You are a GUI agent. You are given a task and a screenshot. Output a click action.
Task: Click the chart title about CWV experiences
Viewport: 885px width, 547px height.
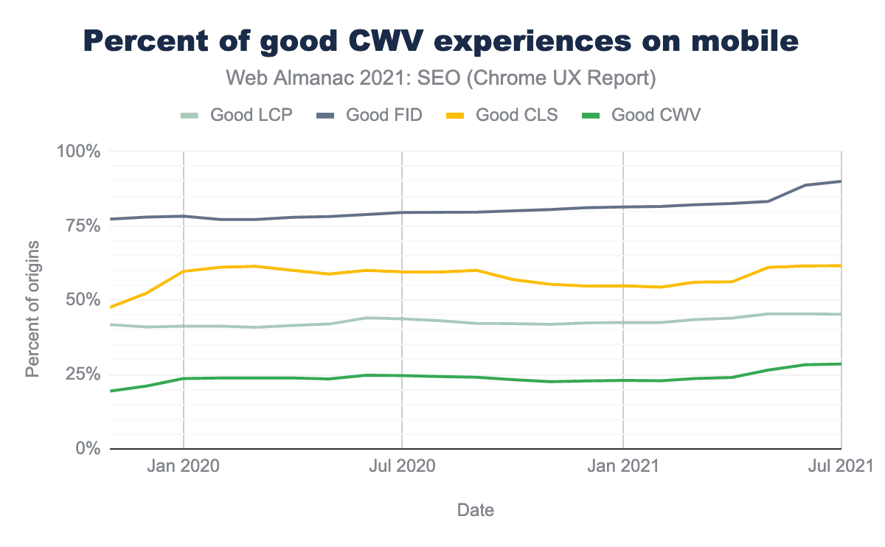[x=442, y=41]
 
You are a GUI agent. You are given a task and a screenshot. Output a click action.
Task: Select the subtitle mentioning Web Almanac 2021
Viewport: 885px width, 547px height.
[x=441, y=78]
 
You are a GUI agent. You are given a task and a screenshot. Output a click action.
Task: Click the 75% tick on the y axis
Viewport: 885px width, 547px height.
[x=82, y=226]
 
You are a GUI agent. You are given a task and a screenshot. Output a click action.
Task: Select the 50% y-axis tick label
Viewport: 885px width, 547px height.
[x=82, y=299]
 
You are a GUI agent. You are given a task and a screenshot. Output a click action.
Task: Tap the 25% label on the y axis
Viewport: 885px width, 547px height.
[x=82, y=374]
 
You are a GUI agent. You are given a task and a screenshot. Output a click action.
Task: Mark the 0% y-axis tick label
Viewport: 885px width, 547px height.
[x=86, y=448]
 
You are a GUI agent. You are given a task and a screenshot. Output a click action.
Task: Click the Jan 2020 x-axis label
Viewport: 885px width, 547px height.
[x=184, y=467]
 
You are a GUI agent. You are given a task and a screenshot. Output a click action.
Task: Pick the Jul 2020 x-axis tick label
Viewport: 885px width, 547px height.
[x=402, y=467]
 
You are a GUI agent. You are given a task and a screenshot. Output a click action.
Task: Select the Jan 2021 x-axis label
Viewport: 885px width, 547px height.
[x=624, y=467]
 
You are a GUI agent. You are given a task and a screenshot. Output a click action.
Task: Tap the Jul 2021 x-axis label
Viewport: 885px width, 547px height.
[x=841, y=467]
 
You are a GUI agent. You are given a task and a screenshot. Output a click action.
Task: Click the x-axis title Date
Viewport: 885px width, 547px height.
[x=476, y=510]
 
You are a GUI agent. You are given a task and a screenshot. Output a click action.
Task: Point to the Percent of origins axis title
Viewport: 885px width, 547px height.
[x=32, y=309]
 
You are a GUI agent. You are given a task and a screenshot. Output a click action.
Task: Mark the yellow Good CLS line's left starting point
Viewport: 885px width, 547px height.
[x=111, y=307]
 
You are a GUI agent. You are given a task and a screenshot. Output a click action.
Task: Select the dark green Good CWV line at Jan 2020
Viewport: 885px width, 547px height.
[x=184, y=378]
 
